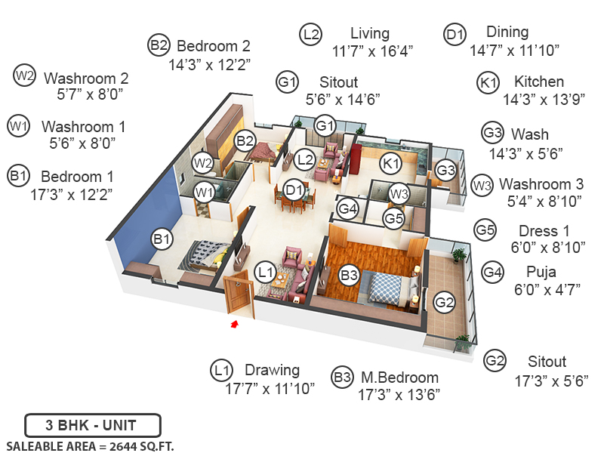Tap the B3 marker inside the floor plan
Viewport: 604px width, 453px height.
pos(349,276)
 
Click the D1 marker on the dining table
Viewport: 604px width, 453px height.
pos(294,190)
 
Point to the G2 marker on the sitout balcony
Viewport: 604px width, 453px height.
pos(445,304)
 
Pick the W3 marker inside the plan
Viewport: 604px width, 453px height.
pos(399,194)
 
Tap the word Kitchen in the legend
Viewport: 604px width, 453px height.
pos(539,82)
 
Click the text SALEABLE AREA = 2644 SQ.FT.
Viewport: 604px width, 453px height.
pos(90,445)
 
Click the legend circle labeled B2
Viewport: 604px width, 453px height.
pos(159,46)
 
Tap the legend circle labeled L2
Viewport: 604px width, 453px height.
pos(310,34)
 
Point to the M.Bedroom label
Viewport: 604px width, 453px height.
pos(398,377)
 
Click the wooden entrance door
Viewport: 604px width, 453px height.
pos(238,294)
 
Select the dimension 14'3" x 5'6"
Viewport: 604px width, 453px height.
pos(532,153)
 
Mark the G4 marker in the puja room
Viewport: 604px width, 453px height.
pos(347,207)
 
